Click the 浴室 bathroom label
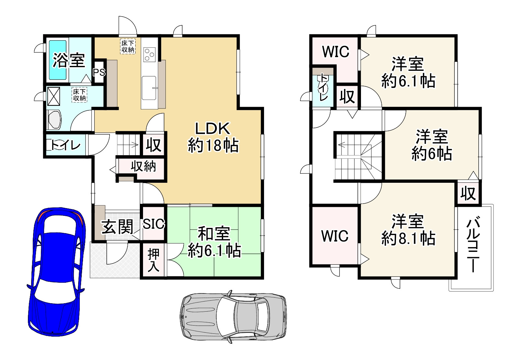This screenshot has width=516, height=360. (x=69, y=60)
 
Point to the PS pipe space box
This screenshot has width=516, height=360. (x=99, y=72)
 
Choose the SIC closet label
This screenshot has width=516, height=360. (x=154, y=224)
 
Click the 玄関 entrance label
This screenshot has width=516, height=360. (x=117, y=227)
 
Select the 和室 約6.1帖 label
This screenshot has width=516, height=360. (x=214, y=242)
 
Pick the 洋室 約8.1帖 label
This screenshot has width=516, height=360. (x=408, y=230)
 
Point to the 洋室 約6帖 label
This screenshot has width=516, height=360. (x=432, y=145)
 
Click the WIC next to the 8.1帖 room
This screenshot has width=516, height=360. (x=335, y=236)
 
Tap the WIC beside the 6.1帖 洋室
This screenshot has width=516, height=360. (x=335, y=52)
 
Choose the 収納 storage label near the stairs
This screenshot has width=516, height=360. (x=143, y=167)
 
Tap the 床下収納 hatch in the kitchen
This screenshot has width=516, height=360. (x=127, y=46)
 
